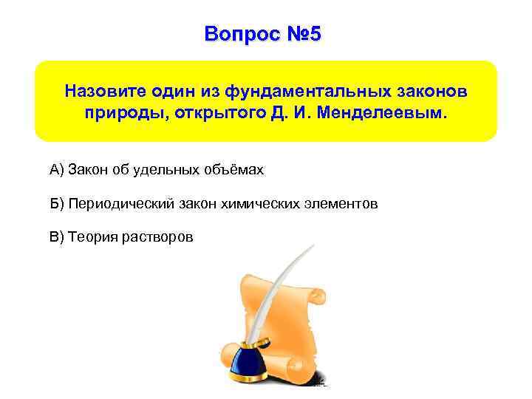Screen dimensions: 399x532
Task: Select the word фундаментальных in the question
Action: (x=305, y=91)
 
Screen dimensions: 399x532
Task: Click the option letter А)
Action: (x=57, y=171)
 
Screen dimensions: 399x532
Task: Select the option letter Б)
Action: (x=57, y=204)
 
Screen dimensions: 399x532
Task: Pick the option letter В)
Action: (x=57, y=237)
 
